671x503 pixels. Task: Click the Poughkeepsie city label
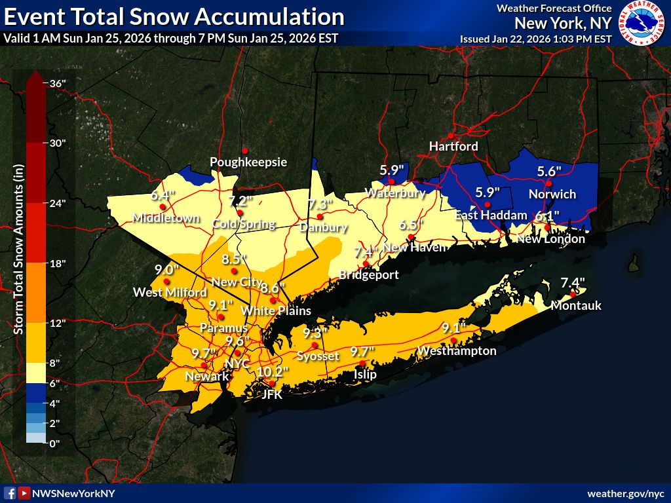(x=248, y=162)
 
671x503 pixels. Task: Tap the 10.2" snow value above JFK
(x=272, y=371)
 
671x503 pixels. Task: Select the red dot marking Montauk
(x=572, y=294)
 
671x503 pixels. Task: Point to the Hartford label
(x=453, y=146)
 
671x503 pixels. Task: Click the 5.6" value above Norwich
(x=549, y=171)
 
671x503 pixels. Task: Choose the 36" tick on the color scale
(x=57, y=83)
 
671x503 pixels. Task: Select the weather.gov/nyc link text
(x=625, y=493)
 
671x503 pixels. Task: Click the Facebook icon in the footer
(x=10, y=493)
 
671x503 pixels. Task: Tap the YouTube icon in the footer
(x=24, y=493)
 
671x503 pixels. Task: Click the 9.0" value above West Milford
(x=166, y=269)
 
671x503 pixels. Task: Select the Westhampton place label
(x=457, y=351)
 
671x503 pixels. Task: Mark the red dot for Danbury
(x=320, y=217)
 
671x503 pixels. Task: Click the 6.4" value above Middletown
(x=163, y=195)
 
